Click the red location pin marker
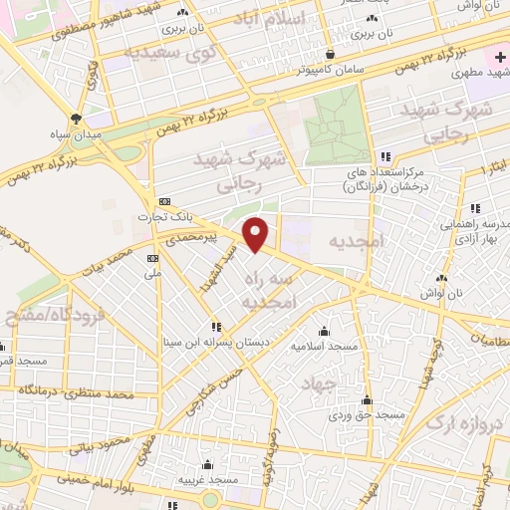coord(257,234)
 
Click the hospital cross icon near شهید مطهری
coord(501,59)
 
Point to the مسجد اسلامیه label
coord(323,347)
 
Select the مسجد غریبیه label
coord(207,480)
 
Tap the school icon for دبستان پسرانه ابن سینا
coord(214,327)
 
